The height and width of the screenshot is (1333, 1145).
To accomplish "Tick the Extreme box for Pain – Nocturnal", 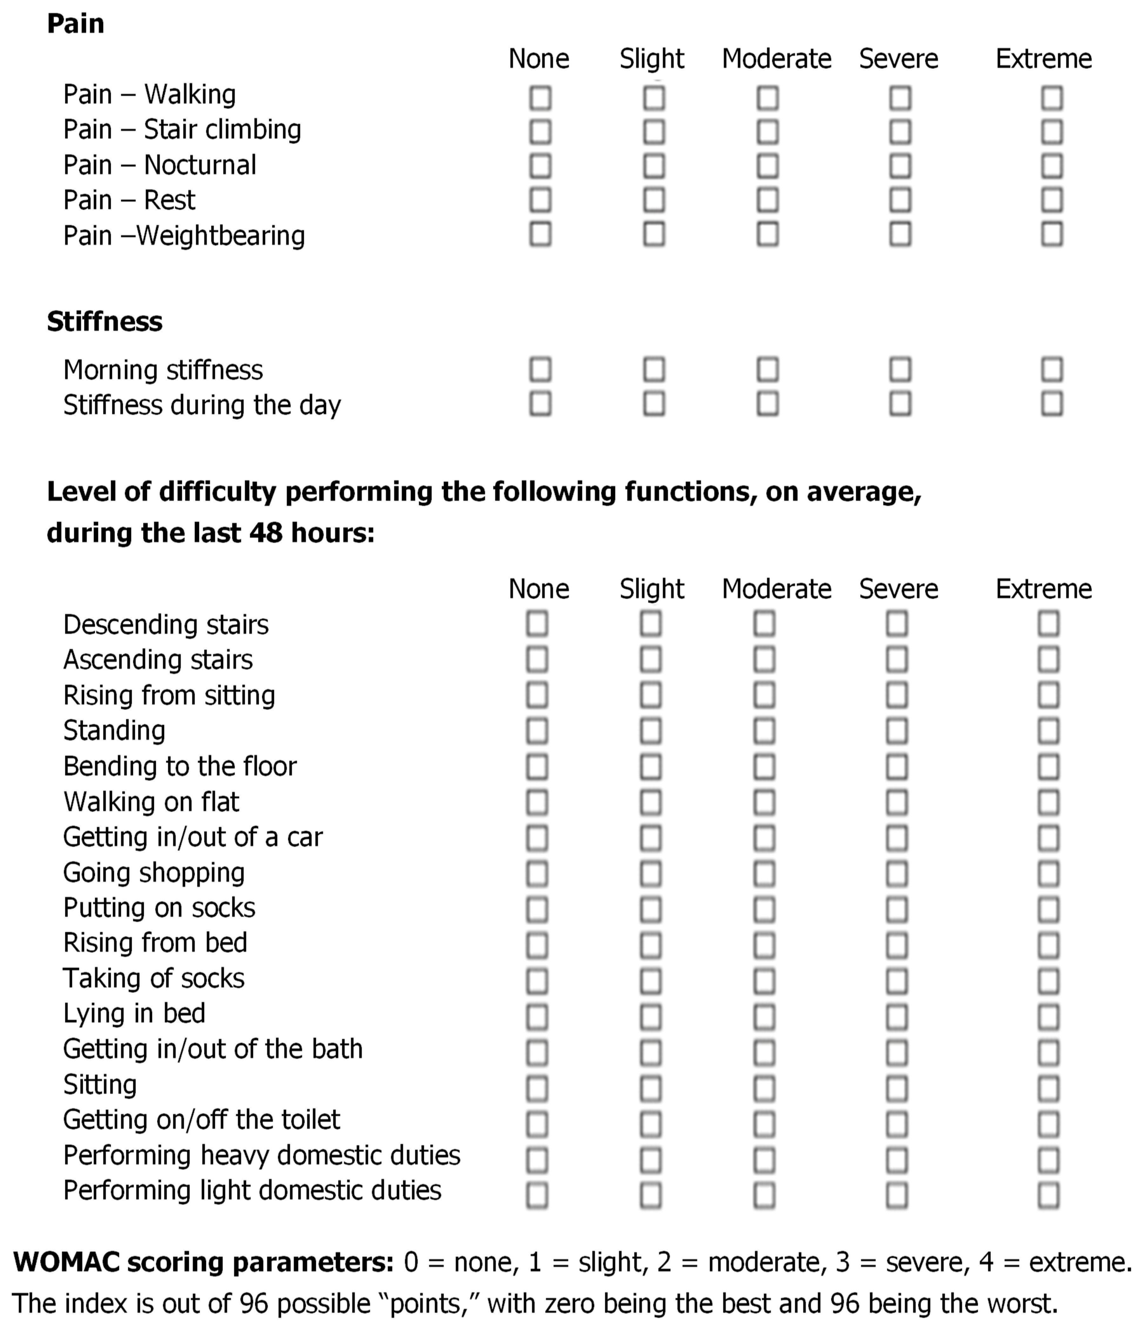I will pyautogui.click(x=1052, y=166).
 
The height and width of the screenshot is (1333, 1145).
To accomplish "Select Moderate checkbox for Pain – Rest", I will pyautogui.click(x=767, y=200).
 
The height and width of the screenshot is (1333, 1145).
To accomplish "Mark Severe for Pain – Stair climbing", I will pyautogui.click(x=900, y=132).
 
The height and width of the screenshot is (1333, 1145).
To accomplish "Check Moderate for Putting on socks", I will pyautogui.click(x=764, y=909).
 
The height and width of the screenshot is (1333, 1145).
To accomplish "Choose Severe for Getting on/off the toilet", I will pyautogui.click(x=897, y=1124).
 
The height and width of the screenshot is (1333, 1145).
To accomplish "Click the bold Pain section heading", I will pyautogui.click(x=75, y=24).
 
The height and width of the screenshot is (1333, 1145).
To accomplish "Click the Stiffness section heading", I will pyautogui.click(x=104, y=322).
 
